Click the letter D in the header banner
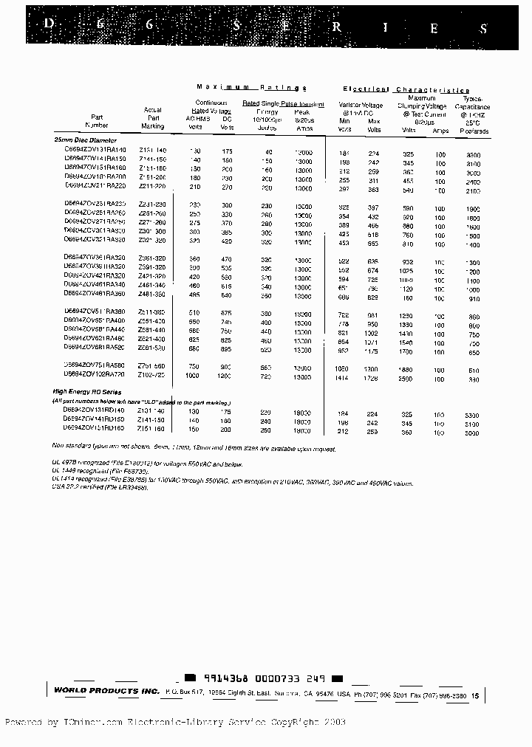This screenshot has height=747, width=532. coord(49,23)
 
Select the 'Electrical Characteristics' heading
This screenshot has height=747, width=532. coord(406,89)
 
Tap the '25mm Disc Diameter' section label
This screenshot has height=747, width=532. coord(85,140)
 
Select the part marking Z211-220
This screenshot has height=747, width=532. coord(152,187)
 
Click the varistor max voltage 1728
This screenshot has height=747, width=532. coord(374,378)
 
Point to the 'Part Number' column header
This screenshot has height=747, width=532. coord(97,121)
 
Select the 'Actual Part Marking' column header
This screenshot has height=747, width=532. coord(152,117)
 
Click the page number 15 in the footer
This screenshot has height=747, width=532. coord(474,695)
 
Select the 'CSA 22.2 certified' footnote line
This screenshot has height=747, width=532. coord(96,488)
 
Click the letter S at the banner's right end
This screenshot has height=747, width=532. coord(484,29)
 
